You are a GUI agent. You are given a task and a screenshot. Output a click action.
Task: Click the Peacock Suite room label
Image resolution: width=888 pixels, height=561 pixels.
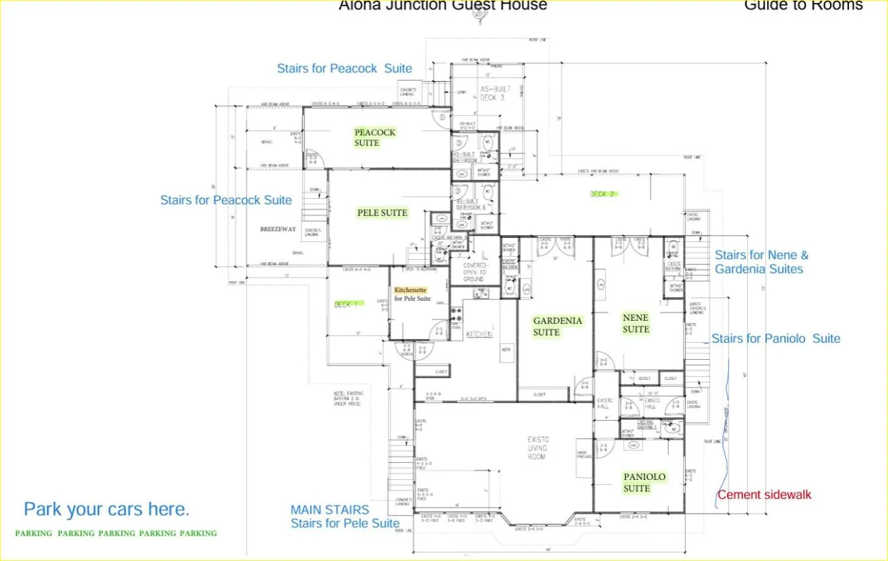tap(374, 137)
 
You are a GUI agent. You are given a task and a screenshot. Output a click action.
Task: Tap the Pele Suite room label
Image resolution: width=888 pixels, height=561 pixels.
tap(382, 213)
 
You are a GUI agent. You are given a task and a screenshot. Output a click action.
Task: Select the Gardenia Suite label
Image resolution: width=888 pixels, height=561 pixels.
tap(557, 326)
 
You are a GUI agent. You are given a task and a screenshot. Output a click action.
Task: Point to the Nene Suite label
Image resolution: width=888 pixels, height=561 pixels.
tap(636, 323)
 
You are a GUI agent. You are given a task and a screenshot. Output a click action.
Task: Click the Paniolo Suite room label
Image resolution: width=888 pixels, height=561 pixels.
tap(644, 482)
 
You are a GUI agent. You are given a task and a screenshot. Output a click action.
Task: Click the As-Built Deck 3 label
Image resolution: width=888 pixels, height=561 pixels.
tap(495, 93)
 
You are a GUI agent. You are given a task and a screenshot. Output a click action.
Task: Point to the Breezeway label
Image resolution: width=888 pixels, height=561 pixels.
tap(277, 229)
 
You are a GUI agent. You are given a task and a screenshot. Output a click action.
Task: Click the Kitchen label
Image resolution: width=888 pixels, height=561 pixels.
tap(479, 334)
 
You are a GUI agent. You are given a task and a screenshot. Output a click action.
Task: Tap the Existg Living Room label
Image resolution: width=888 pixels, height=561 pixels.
tap(537, 448)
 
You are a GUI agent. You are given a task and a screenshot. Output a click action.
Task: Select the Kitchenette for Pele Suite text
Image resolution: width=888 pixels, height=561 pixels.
tap(412, 295)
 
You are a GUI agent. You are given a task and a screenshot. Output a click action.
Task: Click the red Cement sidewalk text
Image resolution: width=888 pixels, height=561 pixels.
tap(764, 495)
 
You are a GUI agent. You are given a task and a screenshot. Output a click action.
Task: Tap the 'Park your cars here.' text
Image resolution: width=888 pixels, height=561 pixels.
tap(106, 509)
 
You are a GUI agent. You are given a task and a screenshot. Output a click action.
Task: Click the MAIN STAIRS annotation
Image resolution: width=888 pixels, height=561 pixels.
tap(329, 510)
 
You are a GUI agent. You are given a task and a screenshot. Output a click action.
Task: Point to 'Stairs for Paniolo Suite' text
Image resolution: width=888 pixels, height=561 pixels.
tap(776, 339)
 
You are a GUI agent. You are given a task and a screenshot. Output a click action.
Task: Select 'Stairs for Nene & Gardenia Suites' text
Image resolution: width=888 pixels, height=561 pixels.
tap(761, 262)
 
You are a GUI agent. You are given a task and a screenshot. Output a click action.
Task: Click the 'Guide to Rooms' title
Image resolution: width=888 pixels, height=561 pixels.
tap(803, 5)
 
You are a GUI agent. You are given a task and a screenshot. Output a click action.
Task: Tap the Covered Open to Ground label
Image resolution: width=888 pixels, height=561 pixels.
tap(473, 272)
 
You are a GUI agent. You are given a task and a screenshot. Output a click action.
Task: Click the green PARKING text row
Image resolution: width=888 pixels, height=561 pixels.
tap(116, 533)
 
